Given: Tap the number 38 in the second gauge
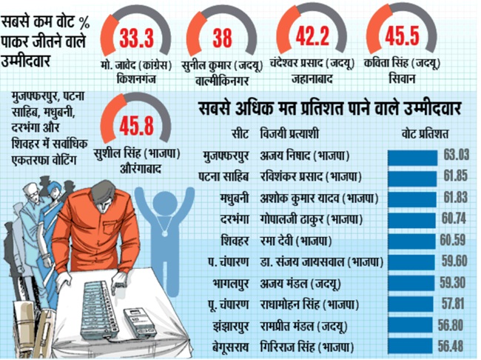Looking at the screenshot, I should pos(222,36).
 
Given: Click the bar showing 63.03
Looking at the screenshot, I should pos(414,154).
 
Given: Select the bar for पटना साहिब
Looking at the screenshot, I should pos(414,176).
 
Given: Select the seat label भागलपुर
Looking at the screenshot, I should pos(228,283).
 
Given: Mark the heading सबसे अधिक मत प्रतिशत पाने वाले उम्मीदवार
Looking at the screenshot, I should pos(330,110).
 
